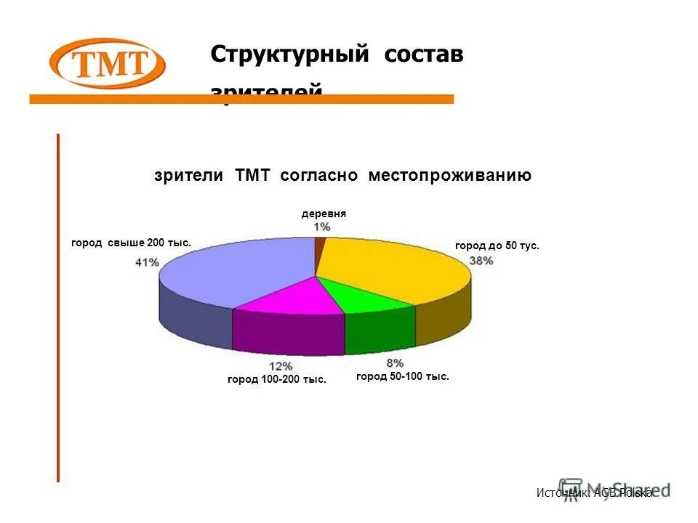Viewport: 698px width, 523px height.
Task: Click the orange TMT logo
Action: [107, 64]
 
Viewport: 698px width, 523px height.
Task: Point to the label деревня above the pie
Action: [324, 214]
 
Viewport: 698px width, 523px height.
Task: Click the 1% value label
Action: [322, 227]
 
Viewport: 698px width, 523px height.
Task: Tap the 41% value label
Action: [147, 262]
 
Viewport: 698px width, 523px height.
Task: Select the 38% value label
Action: [481, 260]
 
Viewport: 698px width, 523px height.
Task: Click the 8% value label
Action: [395, 363]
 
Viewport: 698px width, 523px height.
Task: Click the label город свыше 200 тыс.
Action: [131, 243]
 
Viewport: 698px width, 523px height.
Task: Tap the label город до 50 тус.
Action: [497, 246]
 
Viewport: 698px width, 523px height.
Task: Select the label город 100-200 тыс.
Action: [277, 379]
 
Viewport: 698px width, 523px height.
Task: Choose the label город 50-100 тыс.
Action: [403, 376]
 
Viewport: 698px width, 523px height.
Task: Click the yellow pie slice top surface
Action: [393, 269]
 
